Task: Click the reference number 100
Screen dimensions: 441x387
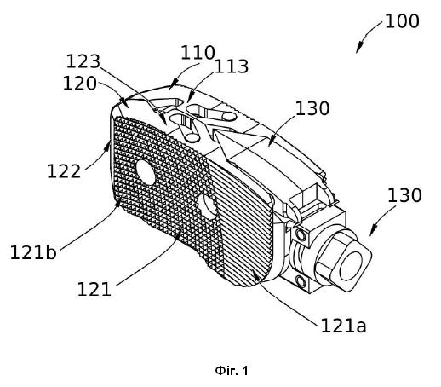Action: pyautogui.click(x=402, y=21)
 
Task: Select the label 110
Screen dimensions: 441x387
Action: pyautogui.click(x=198, y=53)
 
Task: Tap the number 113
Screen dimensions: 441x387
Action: pyautogui.click(x=232, y=66)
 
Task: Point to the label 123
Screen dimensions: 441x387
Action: pyautogui.click(x=83, y=61)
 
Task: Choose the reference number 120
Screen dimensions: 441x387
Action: pyautogui.click(x=80, y=84)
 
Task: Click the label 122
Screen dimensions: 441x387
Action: pyautogui.click(x=64, y=171)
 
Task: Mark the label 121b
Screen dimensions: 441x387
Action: pyautogui.click(x=33, y=252)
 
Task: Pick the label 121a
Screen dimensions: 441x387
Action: pyautogui.click(x=343, y=326)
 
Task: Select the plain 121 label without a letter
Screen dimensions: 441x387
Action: pyautogui.click(x=94, y=290)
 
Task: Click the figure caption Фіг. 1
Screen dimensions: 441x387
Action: pyautogui.click(x=232, y=371)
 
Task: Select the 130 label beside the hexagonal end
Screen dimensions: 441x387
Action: pyautogui.click(x=404, y=195)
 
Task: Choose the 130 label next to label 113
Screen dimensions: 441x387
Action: pyautogui.click(x=312, y=108)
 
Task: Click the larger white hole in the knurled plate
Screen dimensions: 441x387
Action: pyautogui.click(x=146, y=172)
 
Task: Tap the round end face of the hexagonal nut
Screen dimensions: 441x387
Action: pyautogui.click(x=352, y=265)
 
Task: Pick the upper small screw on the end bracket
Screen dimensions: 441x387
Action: pyautogui.click(x=300, y=234)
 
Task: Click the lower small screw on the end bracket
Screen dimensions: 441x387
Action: pyautogui.click(x=301, y=281)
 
